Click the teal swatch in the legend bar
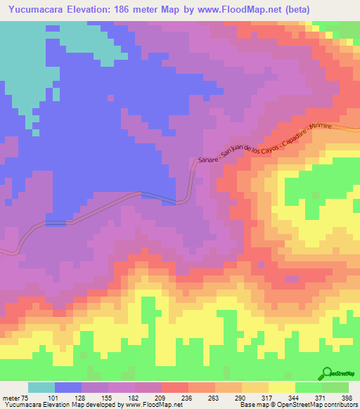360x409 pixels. [x=41, y=387]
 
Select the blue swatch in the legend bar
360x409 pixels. [x=67, y=387]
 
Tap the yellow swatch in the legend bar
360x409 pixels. [x=282, y=387]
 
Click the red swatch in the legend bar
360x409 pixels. [x=174, y=387]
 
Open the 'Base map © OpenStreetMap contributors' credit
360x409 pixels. [x=296, y=405]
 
